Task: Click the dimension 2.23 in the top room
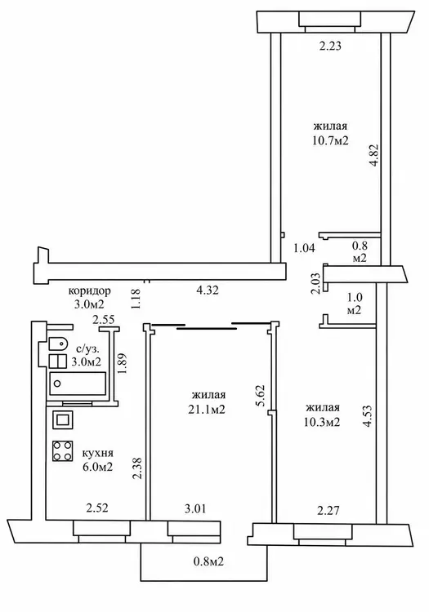330,47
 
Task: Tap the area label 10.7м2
330,140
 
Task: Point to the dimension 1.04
304,248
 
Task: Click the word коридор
89,291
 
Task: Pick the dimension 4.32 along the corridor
207,290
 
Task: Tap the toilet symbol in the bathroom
56,344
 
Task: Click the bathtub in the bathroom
78,384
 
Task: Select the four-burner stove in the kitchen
63,450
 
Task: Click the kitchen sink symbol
63,420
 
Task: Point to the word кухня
98,454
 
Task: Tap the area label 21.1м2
206,410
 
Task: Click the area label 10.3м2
322,423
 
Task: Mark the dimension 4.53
368,417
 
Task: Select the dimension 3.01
195,509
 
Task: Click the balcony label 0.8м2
208,562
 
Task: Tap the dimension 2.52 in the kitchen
97,508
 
